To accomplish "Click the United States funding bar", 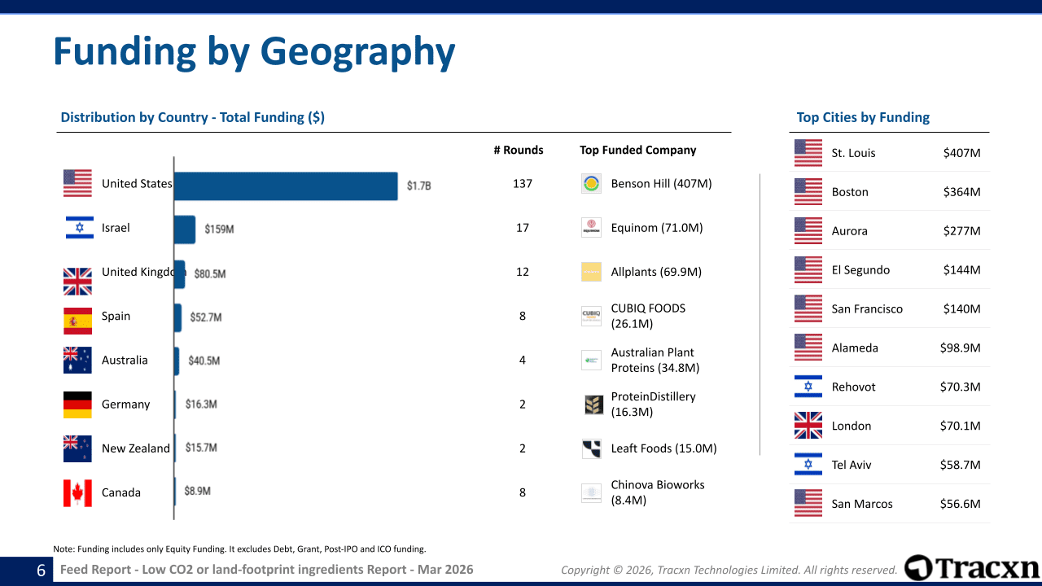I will click(285, 186).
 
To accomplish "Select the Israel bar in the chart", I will click(185, 230).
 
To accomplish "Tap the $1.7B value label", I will click(418, 186).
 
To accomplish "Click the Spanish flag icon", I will click(78, 321).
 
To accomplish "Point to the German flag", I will click(78, 405).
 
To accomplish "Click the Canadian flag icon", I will click(78, 492).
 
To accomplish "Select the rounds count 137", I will click(523, 184).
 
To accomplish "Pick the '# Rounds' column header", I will click(519, 150).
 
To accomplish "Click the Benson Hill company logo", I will click(592, 184).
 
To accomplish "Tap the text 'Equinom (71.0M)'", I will click(656, 228).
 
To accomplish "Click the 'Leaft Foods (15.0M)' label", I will click(663, 448).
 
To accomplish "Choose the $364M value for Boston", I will click(961, 192).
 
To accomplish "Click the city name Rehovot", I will click(853, 387).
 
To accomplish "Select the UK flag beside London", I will click(808, 426).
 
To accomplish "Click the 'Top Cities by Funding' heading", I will click(863, 117).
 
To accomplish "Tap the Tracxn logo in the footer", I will click(972, 568).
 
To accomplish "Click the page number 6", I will click(41, 571).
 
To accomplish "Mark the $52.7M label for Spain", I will click(205, 317).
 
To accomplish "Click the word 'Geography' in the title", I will click(357, 52).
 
